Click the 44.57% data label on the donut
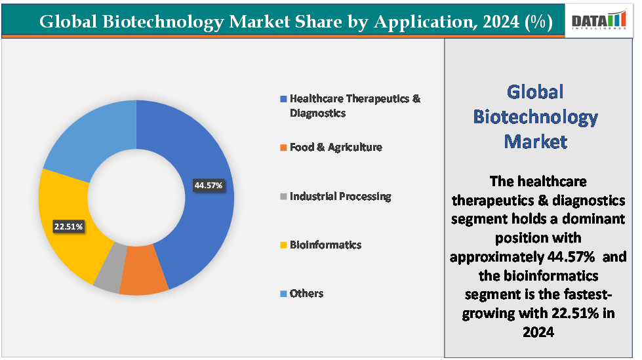point(209,186)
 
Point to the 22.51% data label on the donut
point(68,227)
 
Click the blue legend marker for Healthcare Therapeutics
point(283,99)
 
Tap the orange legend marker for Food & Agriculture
point(283,148)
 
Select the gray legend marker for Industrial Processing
point(283,197)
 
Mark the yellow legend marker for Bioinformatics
point(283,245)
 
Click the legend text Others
point(306,293)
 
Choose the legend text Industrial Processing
point(340,196)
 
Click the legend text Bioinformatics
point(325,245)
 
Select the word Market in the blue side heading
point(535,141)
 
